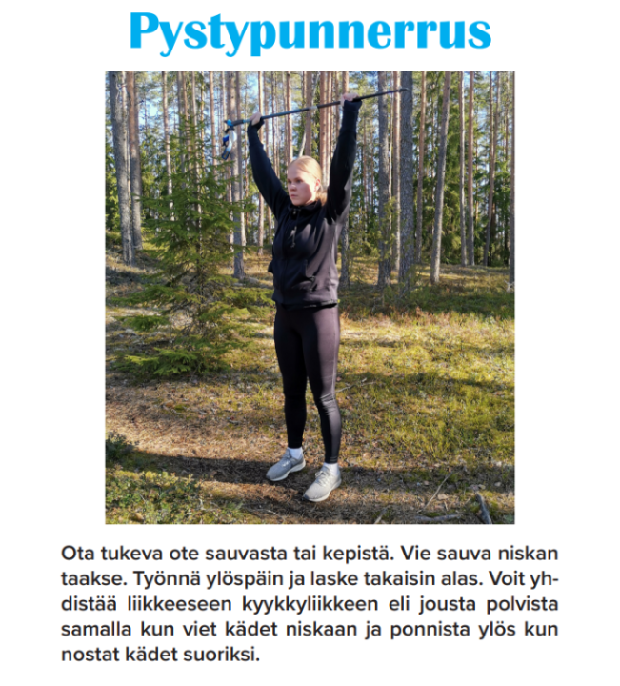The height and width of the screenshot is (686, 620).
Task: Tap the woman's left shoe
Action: (322, 484)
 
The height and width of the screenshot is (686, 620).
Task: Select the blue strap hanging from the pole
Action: (227, 141)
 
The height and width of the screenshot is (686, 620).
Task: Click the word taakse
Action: (87, 579)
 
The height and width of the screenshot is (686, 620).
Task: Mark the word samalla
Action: (94, 631)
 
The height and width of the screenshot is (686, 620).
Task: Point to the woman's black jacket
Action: (305, 248)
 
